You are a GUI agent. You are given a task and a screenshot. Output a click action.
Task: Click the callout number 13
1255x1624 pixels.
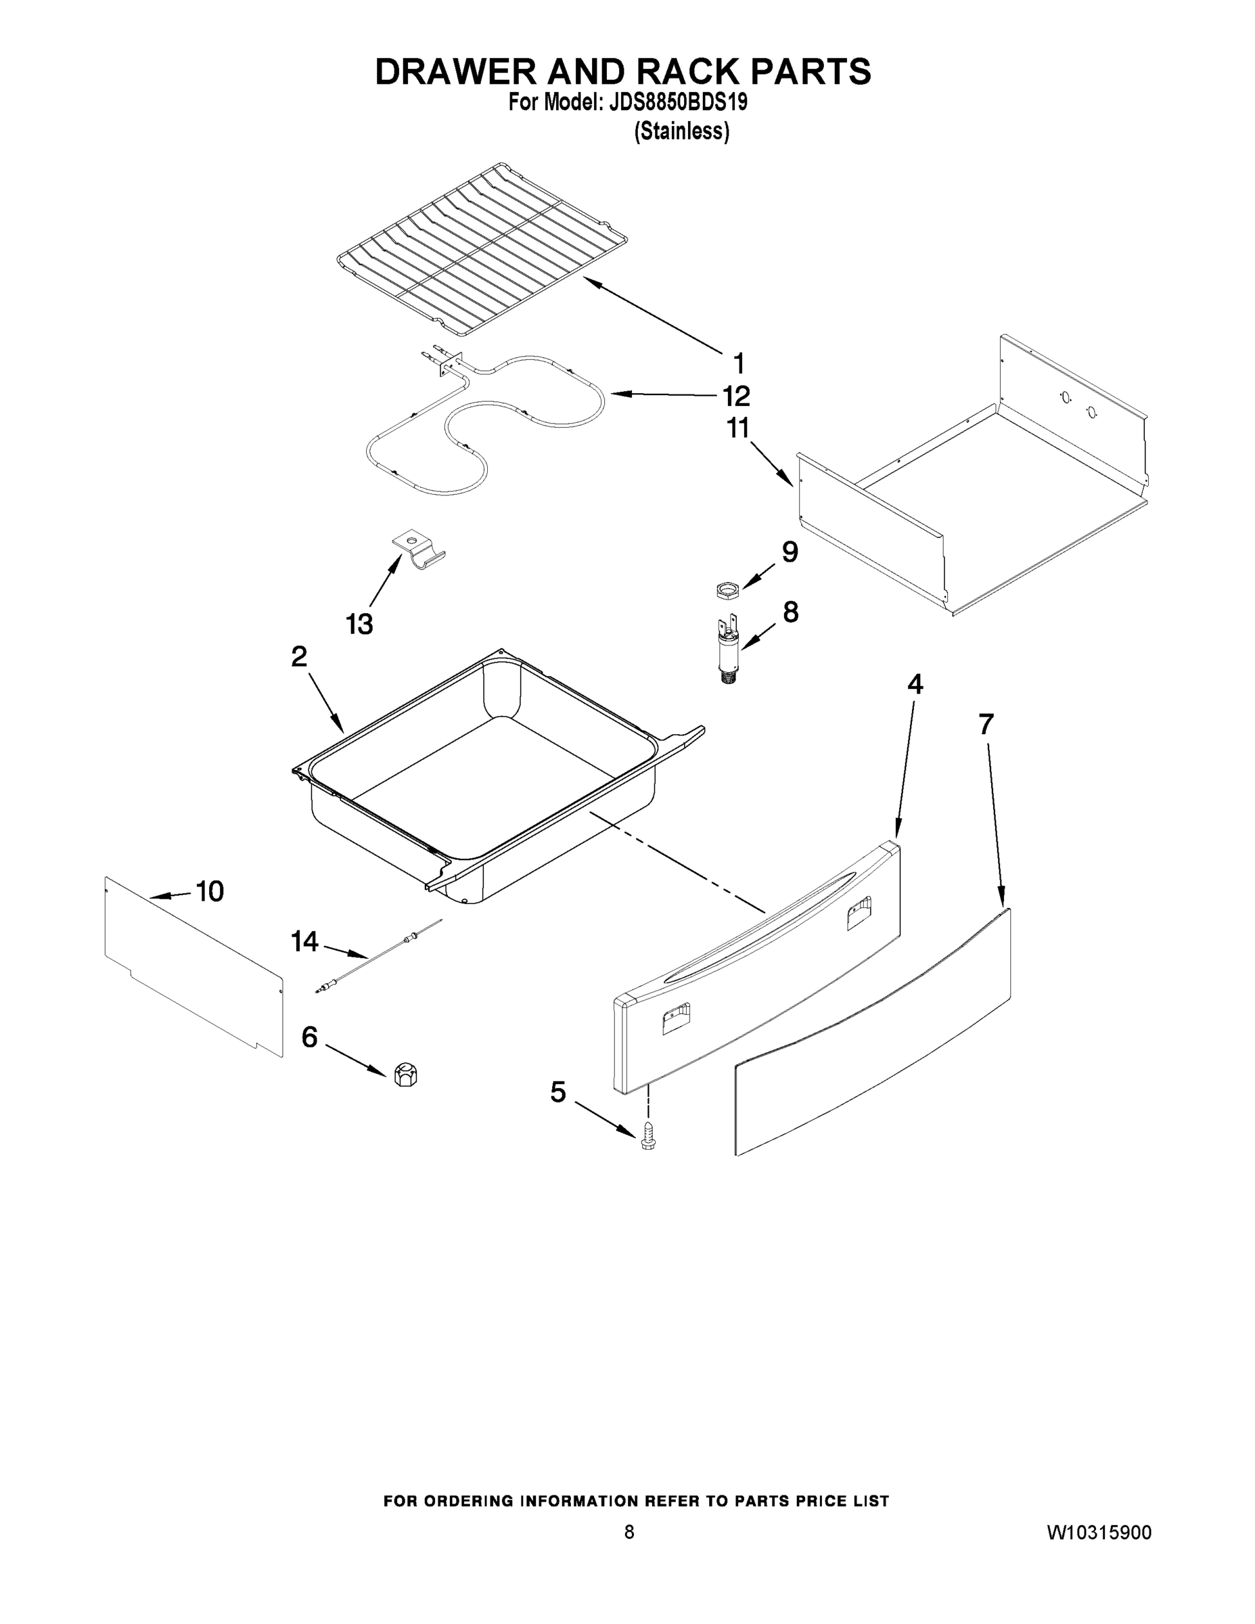click(x=359, y=624)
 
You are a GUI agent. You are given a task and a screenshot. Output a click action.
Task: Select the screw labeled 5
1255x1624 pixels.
click(x=647, y=1138)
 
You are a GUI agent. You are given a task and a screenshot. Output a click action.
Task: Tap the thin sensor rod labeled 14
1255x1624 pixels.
click(x=379, y=960)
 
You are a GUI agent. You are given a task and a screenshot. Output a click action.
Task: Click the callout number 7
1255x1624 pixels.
click(x=986, y=723)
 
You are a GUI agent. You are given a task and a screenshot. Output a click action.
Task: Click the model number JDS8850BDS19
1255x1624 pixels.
click(x=677, y=103)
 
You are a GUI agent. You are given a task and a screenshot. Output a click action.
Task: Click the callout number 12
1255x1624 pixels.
click(x=736, y=397)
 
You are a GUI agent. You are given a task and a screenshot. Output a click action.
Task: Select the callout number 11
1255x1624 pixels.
click(x=737, y=428)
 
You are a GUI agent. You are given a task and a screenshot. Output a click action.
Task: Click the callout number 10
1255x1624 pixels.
click(x=210, y=890)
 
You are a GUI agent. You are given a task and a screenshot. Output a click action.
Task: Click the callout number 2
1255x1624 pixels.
click(x=299, y=656)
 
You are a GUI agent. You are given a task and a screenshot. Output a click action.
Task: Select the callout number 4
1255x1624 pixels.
click(x=915, y=683)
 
